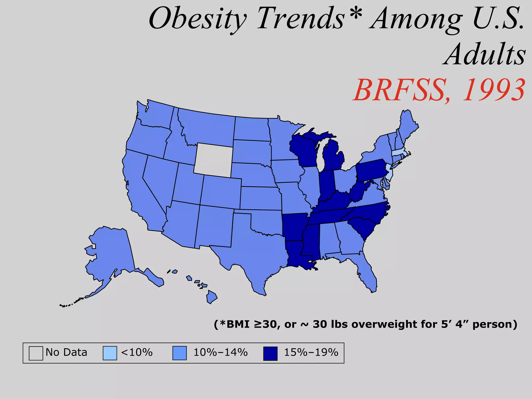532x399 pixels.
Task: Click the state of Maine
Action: pos(408,125)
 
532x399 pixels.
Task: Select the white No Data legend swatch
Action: pos(36,353)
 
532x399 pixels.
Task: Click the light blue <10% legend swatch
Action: pos(110,353)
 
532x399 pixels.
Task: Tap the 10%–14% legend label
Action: pos(221,353)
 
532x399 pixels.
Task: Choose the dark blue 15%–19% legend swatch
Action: pos(270,353)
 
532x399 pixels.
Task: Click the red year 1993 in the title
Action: pos(494,90)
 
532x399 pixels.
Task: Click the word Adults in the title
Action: pos(485,55)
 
